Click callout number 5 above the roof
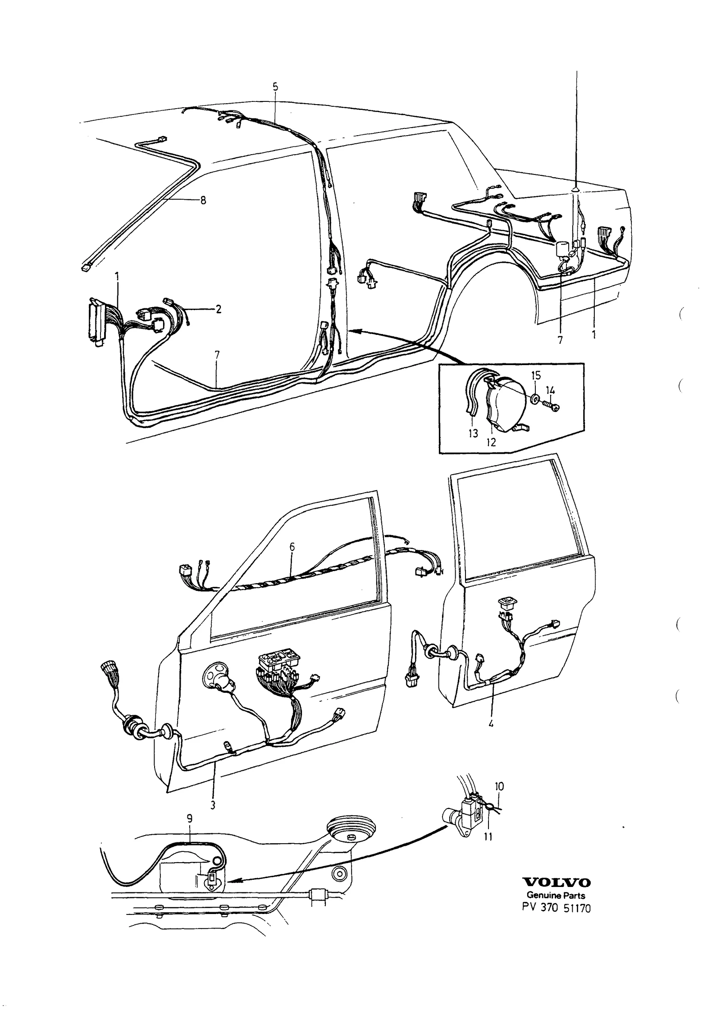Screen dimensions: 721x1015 coord(275,86)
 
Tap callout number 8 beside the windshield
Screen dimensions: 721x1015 coord(203,201)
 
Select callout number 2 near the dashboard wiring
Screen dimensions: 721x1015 coord(218,309)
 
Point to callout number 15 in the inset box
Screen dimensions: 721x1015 coord(535,375)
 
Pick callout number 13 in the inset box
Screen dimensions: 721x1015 coord(473,434)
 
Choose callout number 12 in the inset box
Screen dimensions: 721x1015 coord(491,442)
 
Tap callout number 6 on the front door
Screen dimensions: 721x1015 coord(292,547)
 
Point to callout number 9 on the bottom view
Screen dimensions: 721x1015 coord(190,831)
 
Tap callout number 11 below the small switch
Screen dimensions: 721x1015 coord(488,837)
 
